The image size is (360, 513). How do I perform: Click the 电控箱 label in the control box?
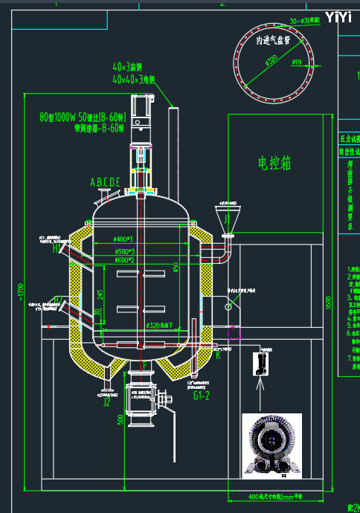point(274,163)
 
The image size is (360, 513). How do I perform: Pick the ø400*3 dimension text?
point(123,239)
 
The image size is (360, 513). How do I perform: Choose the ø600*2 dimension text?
point(123,260)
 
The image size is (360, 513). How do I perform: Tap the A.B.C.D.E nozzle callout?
point(105,182)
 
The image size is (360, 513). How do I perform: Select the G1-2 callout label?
point(201,397)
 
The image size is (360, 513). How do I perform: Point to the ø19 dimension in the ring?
point(296,63)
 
